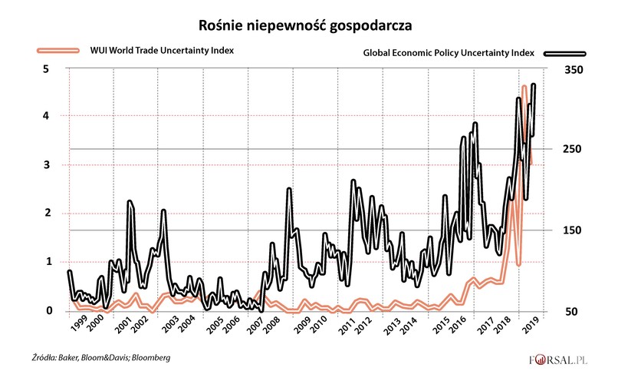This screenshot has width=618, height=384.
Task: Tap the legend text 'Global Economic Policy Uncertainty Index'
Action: [x=449, y=54]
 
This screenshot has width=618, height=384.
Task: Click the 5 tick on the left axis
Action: [x=45, y=69]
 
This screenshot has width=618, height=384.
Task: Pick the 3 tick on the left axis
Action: [x=45, y=165]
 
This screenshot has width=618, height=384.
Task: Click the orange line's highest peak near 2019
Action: [x=524, y=87]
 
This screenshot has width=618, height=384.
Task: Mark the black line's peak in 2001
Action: [x=130, y=202]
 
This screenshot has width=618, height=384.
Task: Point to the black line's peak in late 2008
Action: [x=289, y=189]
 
